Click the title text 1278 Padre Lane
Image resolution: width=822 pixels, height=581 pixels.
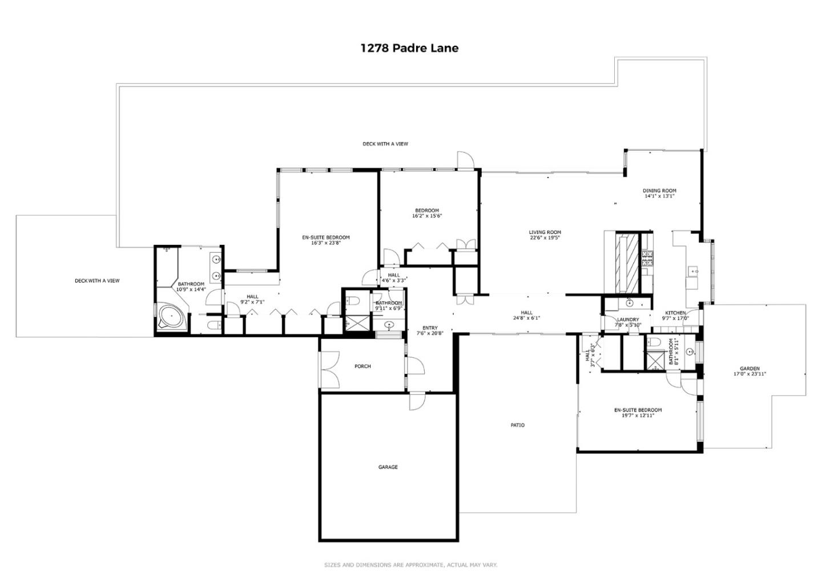tap(409, 48)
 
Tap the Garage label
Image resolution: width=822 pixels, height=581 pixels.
tap(388, 467)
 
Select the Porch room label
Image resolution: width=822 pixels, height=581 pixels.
tap(362, 366)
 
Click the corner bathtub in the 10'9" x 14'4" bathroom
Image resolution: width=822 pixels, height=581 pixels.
tap(170, 316)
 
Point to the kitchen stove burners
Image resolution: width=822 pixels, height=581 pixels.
tap(647, 259)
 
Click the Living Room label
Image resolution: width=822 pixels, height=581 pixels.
tap(545, 232)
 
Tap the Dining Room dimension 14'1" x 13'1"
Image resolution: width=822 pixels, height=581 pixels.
tap(659, 196)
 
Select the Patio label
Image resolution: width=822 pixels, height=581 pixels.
tap(517, 425)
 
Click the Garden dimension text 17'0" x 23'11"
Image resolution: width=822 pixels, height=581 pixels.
tap(750, 374)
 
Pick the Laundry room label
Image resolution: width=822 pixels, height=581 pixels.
tap(628, 320)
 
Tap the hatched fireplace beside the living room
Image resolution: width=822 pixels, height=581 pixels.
tap(627, 263)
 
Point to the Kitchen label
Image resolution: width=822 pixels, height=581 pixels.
tap(675, 313)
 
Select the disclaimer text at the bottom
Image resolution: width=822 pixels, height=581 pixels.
tap(410, 565)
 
